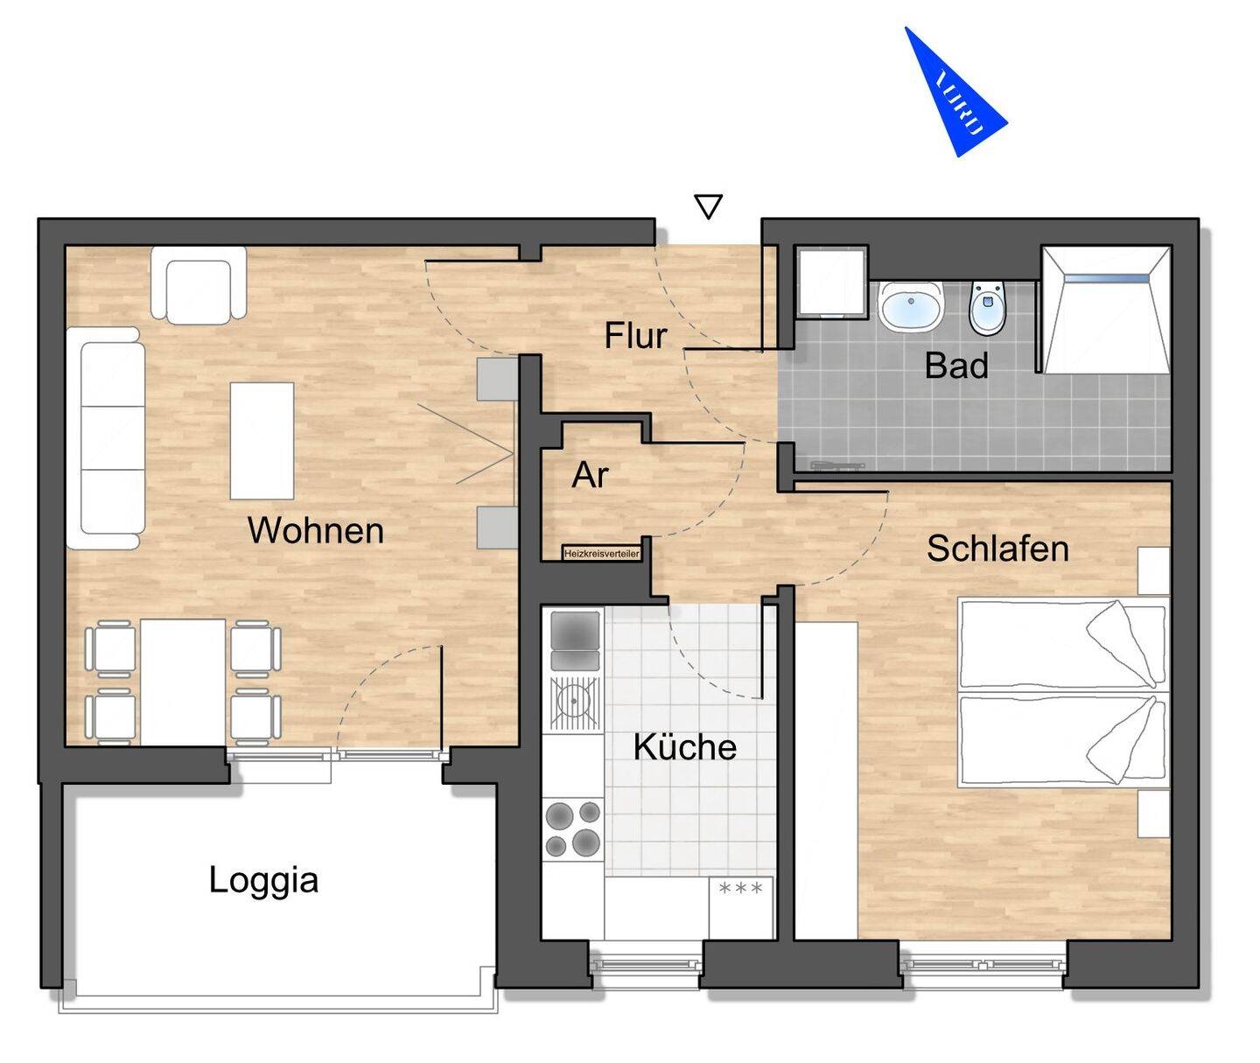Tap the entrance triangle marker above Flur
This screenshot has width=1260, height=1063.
pos(708,206)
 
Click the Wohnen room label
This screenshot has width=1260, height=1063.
pos(316,530)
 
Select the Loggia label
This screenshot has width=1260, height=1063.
pos(263,879)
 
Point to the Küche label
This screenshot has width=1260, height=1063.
pos(684,746)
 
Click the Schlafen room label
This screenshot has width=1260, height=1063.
pos(997,549)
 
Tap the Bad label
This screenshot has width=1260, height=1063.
pos(956,365)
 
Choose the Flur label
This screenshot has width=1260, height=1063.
pos(635,335)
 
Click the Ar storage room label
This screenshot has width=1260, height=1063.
pos(590,475)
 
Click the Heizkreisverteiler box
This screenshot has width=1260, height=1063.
pos(602,553)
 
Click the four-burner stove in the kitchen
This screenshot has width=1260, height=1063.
pos(573,829)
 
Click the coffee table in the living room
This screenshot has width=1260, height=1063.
pos(262,440)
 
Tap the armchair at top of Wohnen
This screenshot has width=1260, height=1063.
pos(199,285)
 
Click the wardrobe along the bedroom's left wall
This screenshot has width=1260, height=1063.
pos(826,780)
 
